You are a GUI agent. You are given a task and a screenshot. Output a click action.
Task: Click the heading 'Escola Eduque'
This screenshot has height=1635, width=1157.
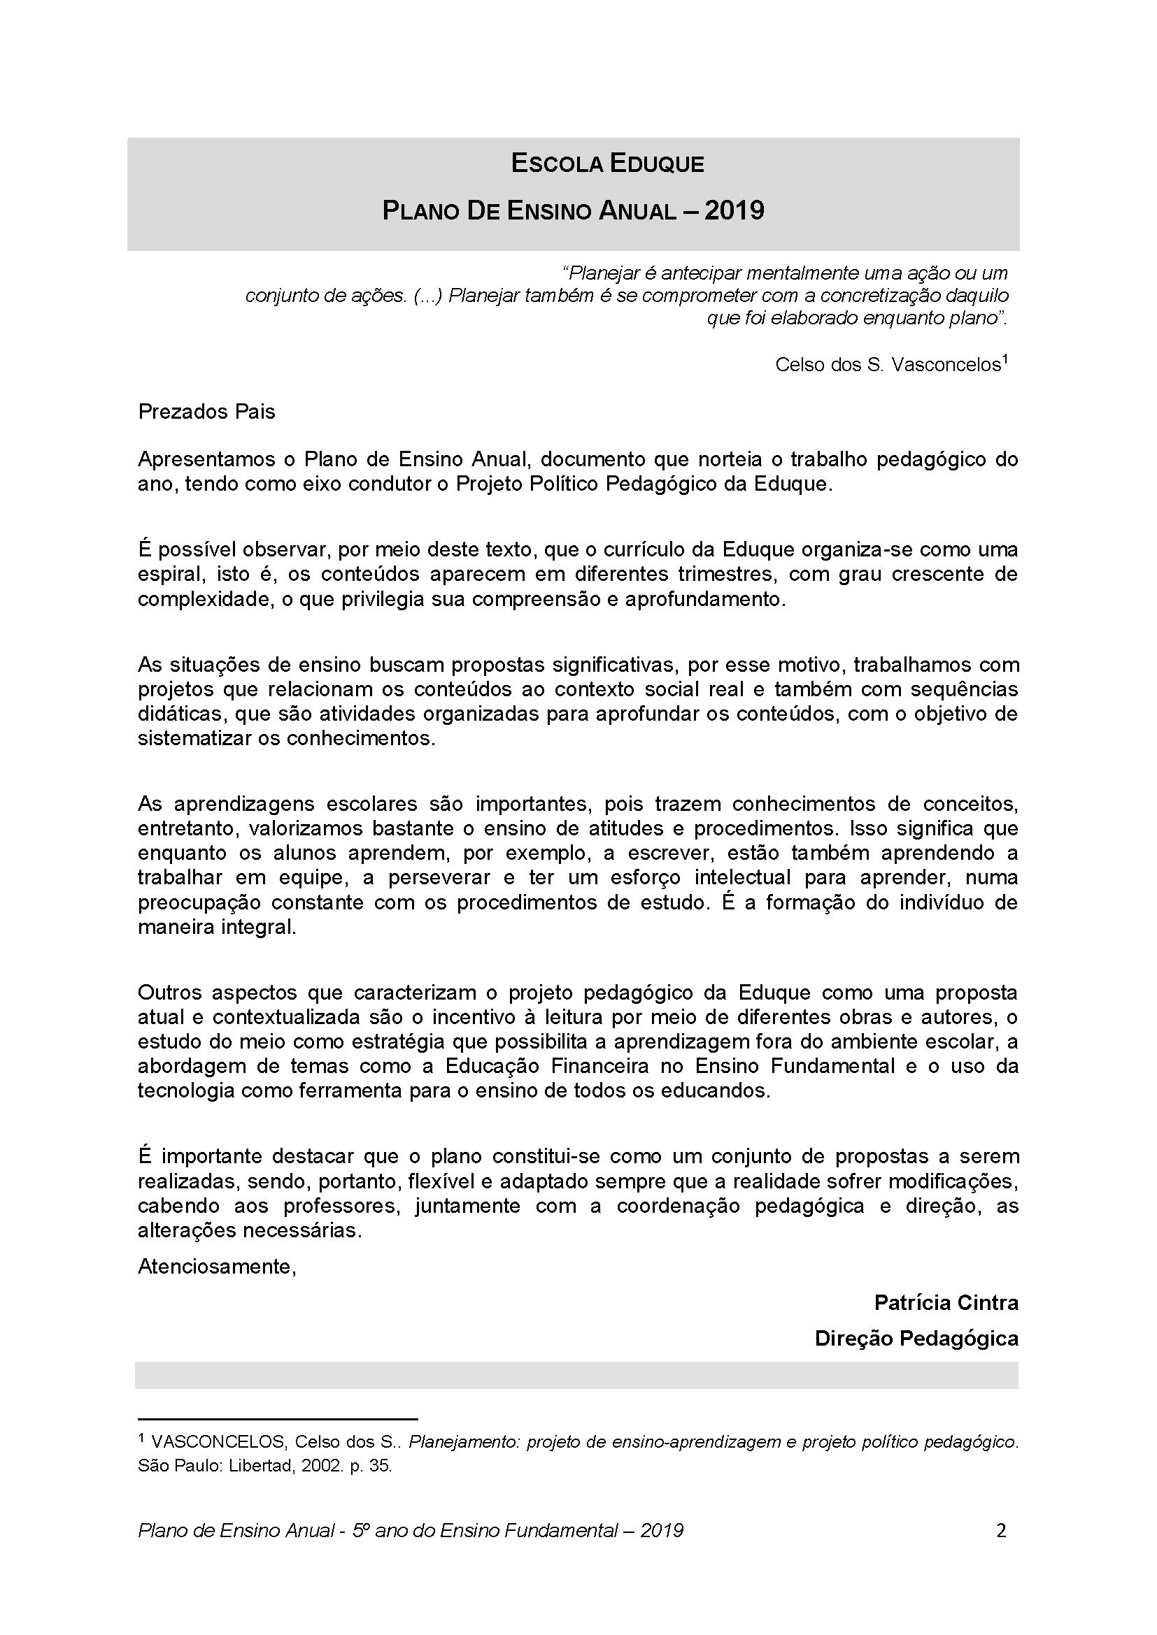coord(607,164)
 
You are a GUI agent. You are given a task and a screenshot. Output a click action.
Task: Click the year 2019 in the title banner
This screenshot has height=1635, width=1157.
coord(734,211)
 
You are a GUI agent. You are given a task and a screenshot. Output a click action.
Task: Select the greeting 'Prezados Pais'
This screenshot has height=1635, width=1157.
coord(206,412)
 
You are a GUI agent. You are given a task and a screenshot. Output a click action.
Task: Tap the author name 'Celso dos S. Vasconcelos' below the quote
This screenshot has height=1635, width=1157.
coord(888,366)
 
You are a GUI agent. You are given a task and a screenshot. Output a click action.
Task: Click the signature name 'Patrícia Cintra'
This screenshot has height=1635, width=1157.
coord(946,1303)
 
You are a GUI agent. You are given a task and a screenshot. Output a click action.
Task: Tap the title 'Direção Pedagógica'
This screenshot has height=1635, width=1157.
coord(916,1339)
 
